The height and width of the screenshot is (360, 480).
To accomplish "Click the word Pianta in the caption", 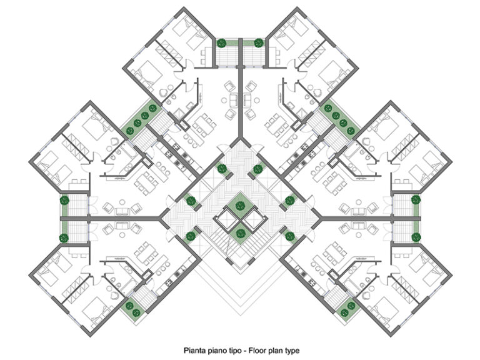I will pos(194,351).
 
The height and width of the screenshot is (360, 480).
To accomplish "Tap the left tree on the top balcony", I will pos(221,43).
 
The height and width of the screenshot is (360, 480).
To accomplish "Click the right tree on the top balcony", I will pos(259,43).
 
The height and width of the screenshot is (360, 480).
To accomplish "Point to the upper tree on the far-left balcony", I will pos(64,201).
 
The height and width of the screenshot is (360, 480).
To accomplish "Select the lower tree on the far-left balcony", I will pos(64,237).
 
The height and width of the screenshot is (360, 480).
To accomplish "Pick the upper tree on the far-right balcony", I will pos(416,201).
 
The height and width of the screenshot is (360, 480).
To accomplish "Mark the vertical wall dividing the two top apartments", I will pos(240,100).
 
